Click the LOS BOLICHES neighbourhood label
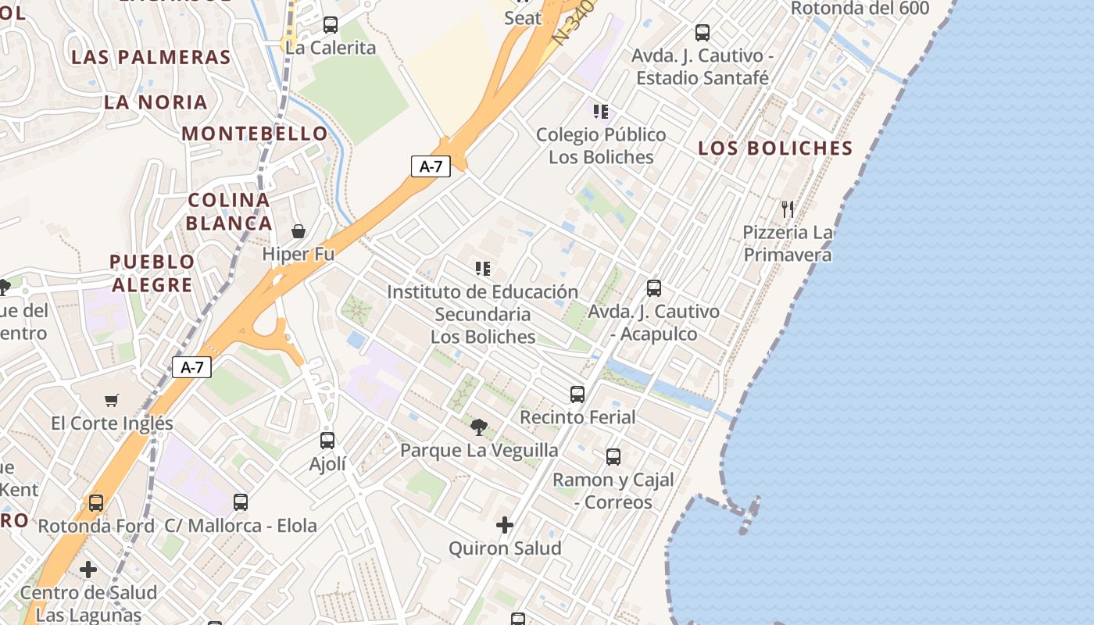click(774, 148)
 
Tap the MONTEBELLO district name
click(254, 134)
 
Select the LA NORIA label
click(156, 102)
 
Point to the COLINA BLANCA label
click(229, 212)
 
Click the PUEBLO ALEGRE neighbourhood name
click(152, 273)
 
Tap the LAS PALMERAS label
click(151, 58)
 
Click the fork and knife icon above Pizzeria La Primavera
click(788, 209)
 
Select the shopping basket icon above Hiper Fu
click(299, 231)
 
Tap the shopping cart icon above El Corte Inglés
click(112, 401)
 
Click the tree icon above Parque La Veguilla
click(479, 427)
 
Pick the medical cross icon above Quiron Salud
click(505, 525)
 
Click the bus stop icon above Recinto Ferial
click(577, 395)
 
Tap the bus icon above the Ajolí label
click(327, 441)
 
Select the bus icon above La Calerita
click(331, 25)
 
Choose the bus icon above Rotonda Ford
click(96, 503)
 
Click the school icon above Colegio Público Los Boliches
click(600, 112)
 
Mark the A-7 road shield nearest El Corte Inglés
click(191, 367)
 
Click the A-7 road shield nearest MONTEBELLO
click(431, 166)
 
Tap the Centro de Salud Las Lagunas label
click(88, 604)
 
